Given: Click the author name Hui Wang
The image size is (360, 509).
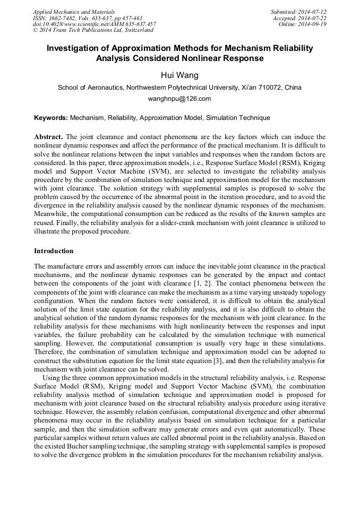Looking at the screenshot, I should [179, 75].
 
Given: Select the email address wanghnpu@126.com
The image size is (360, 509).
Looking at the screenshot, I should [179, 99].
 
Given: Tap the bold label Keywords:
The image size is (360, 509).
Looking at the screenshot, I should [51, 118].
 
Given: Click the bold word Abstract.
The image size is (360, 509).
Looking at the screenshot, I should [48, 137].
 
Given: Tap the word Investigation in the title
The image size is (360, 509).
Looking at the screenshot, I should [74, 48].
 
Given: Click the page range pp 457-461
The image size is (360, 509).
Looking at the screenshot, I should [128, 18].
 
